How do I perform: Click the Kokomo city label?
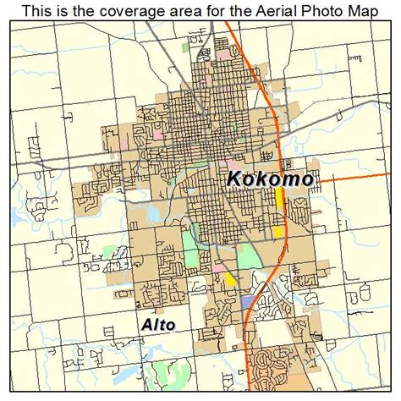271,179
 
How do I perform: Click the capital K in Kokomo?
235,179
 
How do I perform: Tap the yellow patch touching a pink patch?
230,277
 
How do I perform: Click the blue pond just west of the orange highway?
246,300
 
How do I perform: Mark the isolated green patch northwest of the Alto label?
107,252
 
